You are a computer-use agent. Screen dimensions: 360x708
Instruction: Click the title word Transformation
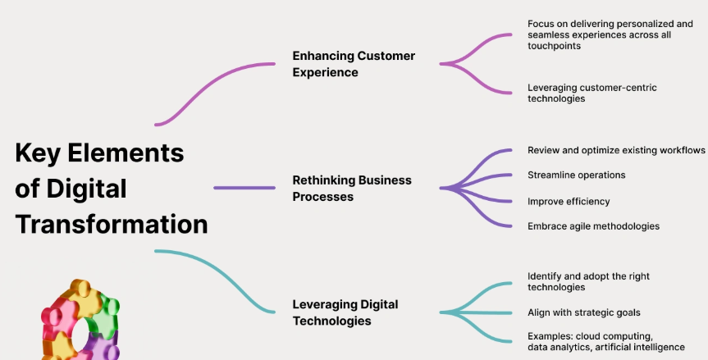click(x=112, y=224)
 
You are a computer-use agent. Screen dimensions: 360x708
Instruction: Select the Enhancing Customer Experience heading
click(x=354, y=64)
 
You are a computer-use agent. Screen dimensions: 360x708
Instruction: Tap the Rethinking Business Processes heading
click(x=352, y=188)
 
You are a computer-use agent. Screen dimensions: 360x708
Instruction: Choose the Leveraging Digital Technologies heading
click(x=345, y=312)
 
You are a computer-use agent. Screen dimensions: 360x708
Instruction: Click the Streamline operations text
click(x=577, y=175)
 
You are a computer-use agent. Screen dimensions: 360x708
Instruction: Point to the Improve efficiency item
click(x=569, y=201)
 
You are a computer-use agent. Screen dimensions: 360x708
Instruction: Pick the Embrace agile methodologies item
click(x=593, y=226)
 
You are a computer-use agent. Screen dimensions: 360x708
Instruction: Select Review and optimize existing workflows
click(x=616, y=150)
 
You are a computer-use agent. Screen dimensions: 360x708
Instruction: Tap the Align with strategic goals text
click(x=583, y=312)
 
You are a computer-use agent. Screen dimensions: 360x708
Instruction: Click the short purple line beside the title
click(x=244, y=188)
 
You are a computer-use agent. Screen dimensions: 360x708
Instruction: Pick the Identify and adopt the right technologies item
click(x=588, y=282)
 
